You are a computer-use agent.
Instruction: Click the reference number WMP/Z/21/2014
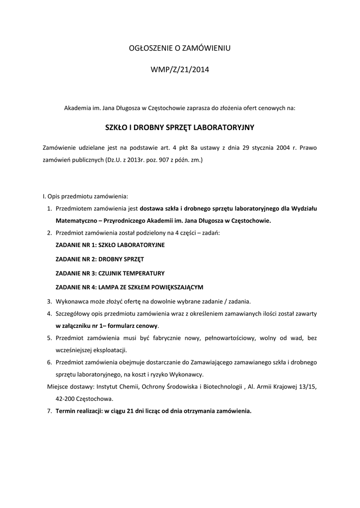(180, 70)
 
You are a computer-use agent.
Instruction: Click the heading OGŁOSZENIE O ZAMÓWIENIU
(180, 48)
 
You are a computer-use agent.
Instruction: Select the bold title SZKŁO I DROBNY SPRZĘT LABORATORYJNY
(180, 127)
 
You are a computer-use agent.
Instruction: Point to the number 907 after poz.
(163, 161)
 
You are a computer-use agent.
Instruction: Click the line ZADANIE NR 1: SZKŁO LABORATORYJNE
(110, 245)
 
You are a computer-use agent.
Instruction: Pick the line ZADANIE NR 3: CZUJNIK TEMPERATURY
(110, 273)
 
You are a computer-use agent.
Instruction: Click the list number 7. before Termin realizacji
(49, 411)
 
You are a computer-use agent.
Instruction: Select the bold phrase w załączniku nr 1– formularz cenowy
(107, 326)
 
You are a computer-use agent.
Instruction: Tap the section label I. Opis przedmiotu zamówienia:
(85, 196)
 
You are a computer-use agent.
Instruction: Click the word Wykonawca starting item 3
(72, 301)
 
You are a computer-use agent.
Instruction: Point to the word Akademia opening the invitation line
(78, 107)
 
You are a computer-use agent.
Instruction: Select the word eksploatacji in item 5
(103, 350)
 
